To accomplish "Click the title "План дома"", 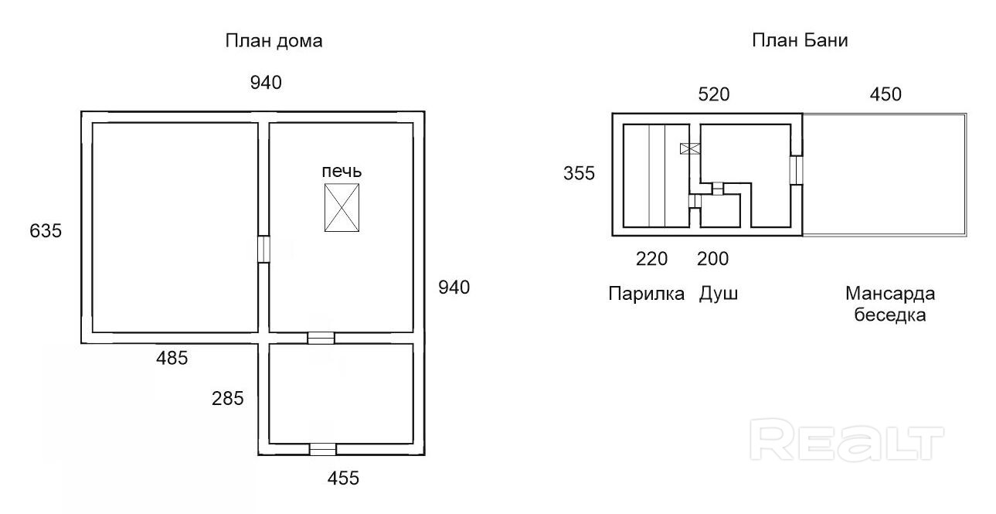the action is (274, 41).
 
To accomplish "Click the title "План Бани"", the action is (800, 41).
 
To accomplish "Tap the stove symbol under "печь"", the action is (342, 207).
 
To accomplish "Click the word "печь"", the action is (342, 171).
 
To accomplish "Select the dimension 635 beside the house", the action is (45, 230).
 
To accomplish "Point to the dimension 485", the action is (172, 358).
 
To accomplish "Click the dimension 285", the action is (228, 399).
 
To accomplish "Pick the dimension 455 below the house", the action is (343, 478).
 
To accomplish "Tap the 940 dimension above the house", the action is (265, 83).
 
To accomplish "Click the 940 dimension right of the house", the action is (454, 288).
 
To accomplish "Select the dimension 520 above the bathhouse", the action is (713, 94).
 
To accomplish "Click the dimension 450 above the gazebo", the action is (886, 94).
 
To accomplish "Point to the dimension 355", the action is (579, 173).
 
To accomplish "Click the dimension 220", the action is (651, 259).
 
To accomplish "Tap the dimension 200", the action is (712, 259).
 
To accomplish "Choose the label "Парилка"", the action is (646, 294).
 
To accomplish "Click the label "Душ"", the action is (719, 294).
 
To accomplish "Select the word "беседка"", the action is (890, 315).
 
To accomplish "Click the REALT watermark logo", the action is (848, 441).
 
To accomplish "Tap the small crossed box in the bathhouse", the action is (688, 148).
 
